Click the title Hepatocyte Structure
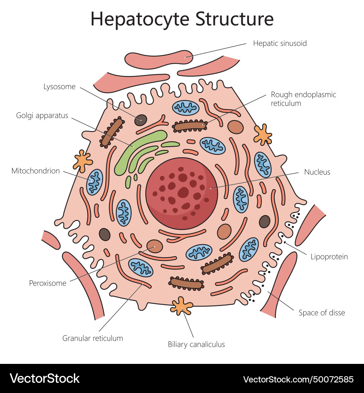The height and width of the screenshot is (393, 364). [182, 19]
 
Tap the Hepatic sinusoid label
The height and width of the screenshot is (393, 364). [280, 43]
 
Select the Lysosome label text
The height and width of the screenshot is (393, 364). [59, 87]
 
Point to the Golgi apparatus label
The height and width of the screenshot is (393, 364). [42, 116]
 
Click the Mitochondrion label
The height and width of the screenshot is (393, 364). [36, 171]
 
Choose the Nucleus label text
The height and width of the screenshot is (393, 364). [317, 172]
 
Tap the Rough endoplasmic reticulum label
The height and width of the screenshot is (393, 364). [303, 99]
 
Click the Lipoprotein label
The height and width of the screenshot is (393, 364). [329, 257]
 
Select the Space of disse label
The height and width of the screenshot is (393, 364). [321, 313]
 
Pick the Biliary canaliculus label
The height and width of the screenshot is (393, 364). [196, 344]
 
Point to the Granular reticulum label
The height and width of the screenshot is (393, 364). [92, 338]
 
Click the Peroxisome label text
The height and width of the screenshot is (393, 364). [48, 283]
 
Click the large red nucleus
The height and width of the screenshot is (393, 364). [181, 193]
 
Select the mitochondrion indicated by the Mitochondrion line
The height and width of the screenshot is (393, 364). [95, 181]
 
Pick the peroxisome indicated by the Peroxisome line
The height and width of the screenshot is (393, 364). [154, 246]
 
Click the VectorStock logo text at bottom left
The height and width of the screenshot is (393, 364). [44, 378]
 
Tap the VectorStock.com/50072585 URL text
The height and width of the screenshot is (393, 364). [298, 379]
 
